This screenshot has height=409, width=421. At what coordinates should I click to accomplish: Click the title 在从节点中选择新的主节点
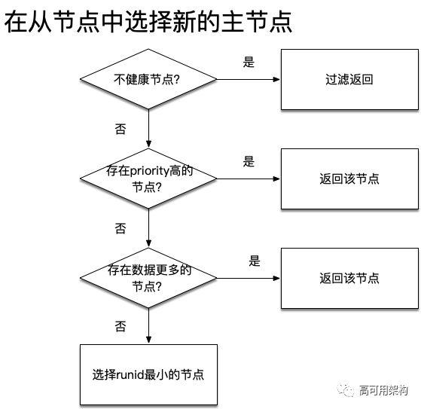click(x=148, y=23)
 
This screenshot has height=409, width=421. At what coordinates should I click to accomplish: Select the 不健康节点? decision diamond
click(x=148, y=79)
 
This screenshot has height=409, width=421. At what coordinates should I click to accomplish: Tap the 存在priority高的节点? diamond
click(x=148, y=179)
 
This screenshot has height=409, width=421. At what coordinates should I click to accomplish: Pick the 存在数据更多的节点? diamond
click(x=148, y=278)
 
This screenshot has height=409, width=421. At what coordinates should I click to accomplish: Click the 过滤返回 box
click(x=349, y=79)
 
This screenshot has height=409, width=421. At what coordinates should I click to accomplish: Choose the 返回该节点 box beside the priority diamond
click(x=349, y=179)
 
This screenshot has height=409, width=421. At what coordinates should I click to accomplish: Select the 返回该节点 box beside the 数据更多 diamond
click(x=349, y=278)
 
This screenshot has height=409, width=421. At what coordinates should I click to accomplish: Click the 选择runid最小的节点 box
click(x=148, y=374)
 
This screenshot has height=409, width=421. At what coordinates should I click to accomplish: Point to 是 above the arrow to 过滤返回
click(x=249, y=63)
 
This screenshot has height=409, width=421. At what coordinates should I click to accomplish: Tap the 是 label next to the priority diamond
click(x=249, y=161)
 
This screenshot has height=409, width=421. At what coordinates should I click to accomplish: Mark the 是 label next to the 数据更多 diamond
click(x=254, y=261)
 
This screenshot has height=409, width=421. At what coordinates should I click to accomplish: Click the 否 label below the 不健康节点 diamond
click(x=121, y=129)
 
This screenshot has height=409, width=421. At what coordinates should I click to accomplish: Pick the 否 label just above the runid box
click(x=121, y=326)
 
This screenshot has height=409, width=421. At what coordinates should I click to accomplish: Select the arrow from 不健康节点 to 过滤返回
click(x=249, y=79)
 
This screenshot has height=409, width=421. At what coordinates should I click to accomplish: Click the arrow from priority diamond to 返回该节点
click(x=249, y=179)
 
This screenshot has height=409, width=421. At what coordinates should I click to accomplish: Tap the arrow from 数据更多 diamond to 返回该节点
click(x=249, y=278)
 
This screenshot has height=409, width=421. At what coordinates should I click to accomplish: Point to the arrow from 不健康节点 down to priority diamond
click(x=148, y=127)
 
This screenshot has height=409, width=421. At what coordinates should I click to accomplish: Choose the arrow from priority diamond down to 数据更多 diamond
click(x=148, y=227)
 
